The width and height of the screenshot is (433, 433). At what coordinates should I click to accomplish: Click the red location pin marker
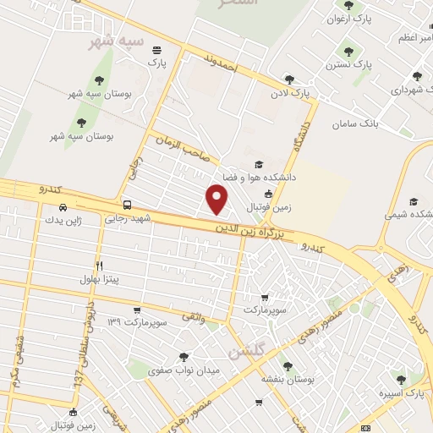(217, 200)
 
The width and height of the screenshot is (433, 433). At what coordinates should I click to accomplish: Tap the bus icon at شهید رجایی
(127, 205)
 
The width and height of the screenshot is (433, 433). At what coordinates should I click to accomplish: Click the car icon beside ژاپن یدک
(63, 207)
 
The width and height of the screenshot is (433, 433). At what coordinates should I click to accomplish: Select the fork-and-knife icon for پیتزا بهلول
(99, 265)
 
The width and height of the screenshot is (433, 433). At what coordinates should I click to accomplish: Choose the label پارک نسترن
(373, 64)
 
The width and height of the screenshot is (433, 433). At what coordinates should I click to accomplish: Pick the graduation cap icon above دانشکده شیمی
(414, 201)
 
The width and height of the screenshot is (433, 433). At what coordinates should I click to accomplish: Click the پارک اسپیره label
(401, 394)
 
